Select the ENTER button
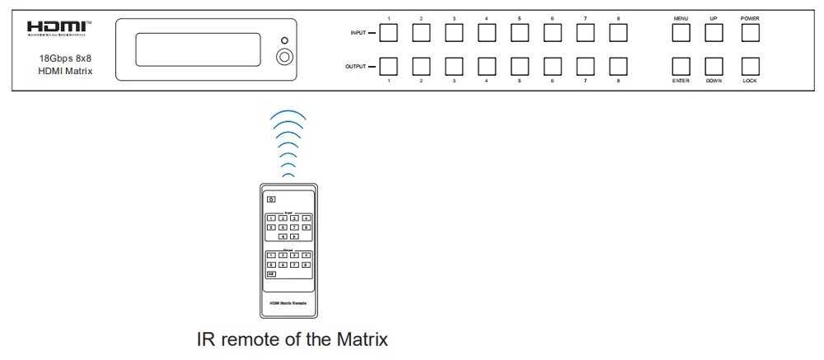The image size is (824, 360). tap(680, 66)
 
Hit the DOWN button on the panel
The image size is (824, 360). tap(714, 66)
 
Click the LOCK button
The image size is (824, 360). tap(749, 66)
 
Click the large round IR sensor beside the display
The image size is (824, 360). tap(284, 58)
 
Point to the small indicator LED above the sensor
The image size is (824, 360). tap(284, 40)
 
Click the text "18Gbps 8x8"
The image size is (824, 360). tap(61, 59)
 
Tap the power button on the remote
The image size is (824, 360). tap(270, 199)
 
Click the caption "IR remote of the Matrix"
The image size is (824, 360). tap(291, 339)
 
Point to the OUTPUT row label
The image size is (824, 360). tap(355, 66)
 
